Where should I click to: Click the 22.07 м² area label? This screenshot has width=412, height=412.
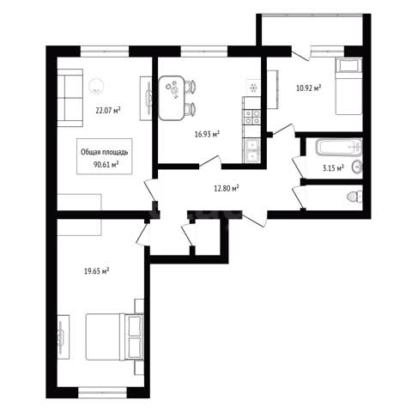[x=107, y=110]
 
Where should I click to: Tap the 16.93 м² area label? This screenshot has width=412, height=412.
[x=207, y=134]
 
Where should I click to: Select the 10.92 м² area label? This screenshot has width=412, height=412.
[x=308, y=88]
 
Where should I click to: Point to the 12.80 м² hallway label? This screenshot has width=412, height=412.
[x=227, y=188]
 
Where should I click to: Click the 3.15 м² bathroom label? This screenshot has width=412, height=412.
[x=333, y=167]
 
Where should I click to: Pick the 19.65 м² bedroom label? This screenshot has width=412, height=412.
[x=97, y=270]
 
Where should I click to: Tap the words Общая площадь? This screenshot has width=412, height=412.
[x=105, y=152]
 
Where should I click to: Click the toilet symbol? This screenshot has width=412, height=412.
[x=354, y=197]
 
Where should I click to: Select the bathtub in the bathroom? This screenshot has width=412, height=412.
[x=339, y=147]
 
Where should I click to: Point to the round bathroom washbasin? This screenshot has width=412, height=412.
[x=357, y=167]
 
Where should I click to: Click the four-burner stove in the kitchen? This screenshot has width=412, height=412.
[x=251, y=118]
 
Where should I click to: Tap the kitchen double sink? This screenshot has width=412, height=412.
[x=251, y=151]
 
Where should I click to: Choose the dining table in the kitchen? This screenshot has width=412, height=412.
[x=172, y=98]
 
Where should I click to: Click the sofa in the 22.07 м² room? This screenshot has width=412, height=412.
[x=70, y=98]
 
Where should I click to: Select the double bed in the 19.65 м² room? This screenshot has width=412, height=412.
[x=114, y=337]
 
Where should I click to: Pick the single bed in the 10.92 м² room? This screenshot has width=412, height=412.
[x=348, y=86]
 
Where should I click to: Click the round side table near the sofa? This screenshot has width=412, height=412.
[x=96, y=86]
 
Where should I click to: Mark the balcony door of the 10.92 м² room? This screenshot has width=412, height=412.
[x=301, y=54]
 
